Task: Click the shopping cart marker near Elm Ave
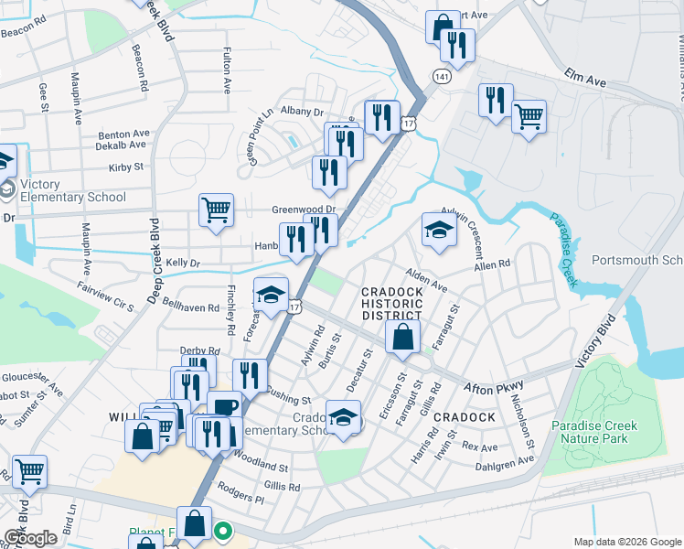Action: coord(529,118)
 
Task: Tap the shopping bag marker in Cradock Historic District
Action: coord(402,338)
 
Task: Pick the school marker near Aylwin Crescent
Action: coord(439,230)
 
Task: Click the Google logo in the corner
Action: coord(30,538)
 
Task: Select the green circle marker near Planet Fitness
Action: coord(222,530)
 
